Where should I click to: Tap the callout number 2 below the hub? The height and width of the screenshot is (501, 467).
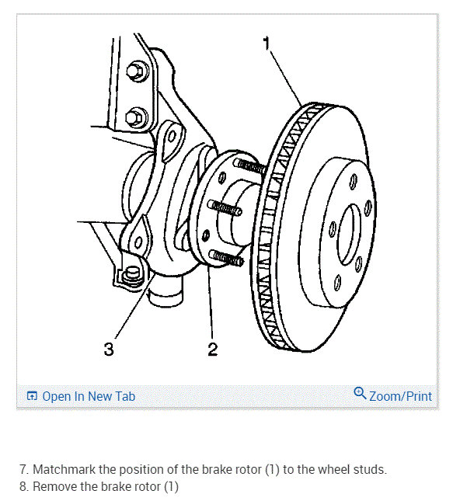212,350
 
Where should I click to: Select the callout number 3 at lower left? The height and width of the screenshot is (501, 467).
108,350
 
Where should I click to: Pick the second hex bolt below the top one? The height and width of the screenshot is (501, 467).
138,117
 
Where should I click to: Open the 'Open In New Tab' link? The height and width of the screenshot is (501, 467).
88,396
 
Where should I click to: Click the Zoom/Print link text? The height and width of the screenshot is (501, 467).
400,396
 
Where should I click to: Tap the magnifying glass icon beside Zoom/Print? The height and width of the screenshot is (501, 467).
360,394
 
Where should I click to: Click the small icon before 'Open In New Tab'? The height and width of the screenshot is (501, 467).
32,396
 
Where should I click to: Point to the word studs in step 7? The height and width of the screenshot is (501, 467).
370,470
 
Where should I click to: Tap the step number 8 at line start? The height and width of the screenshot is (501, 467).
23,487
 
